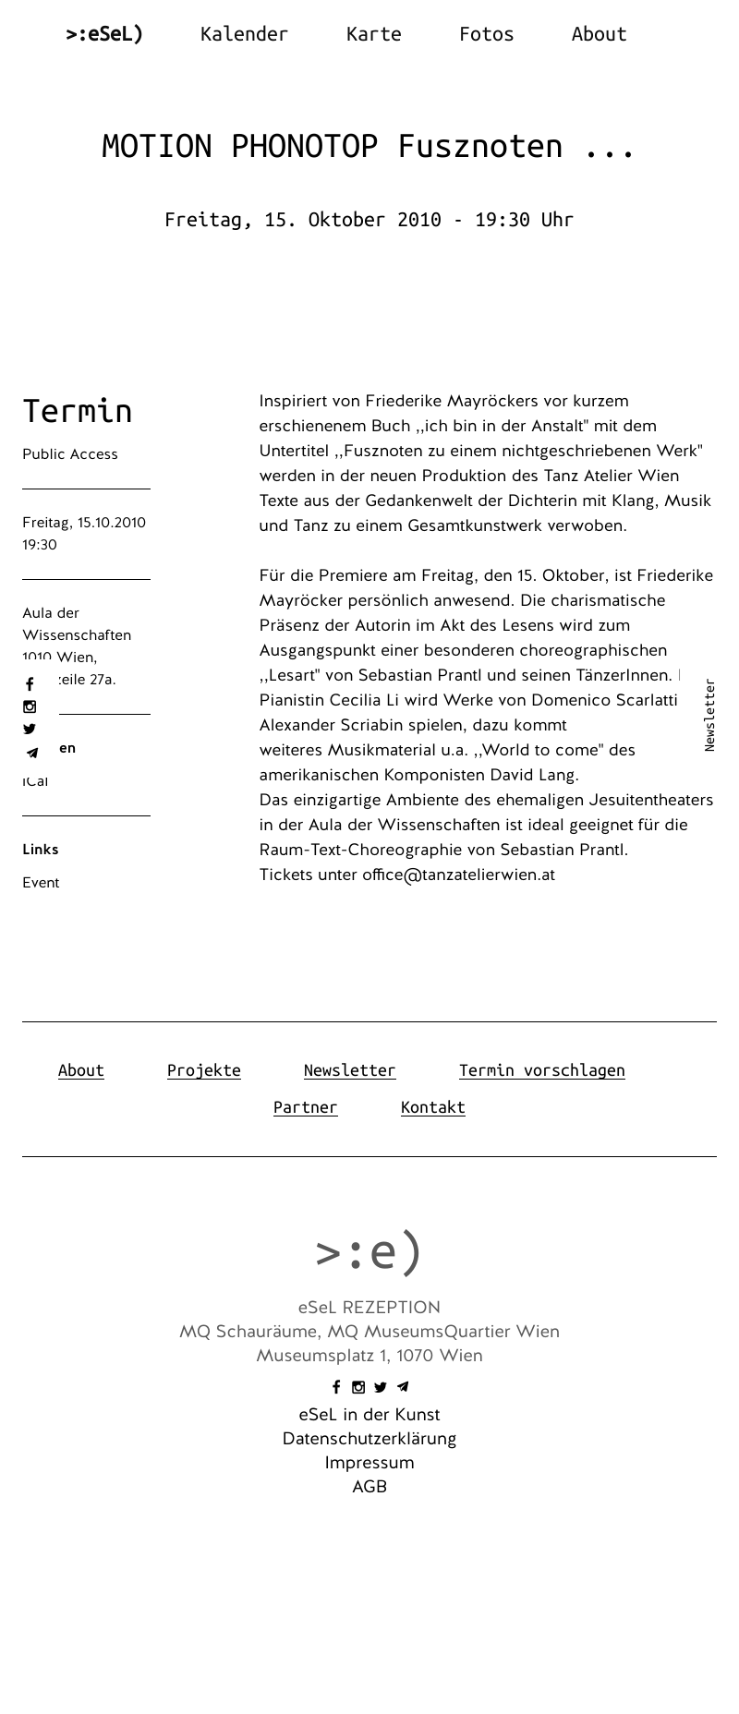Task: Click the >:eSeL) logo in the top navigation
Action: tap(104, 34)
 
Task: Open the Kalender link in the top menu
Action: tap(244, 34)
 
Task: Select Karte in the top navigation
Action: tap(373, 34)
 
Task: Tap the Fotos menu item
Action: tap(486, 34)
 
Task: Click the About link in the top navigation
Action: tap(599, 34)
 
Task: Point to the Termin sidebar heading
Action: tap(78, 411)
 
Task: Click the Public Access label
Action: tap(70, 454)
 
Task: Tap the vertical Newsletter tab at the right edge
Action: tap(709, 716)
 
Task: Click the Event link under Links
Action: tap(41, 883)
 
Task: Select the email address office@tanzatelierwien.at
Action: tap(458, 875)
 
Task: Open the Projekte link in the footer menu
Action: tap(204, 1070)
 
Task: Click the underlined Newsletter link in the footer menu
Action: tap(349, 1070)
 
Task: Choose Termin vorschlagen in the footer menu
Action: tap(541, 1070)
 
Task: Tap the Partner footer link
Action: tap(306, 1107)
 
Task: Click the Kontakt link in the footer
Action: tap(432, 1107)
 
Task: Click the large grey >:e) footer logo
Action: tap(369, 1252)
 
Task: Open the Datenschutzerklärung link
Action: tap(369, 1439)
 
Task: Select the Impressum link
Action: tap(369, 1463)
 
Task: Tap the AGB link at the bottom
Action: tap(369, 1487)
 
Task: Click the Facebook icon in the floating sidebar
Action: tap(30, 684)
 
